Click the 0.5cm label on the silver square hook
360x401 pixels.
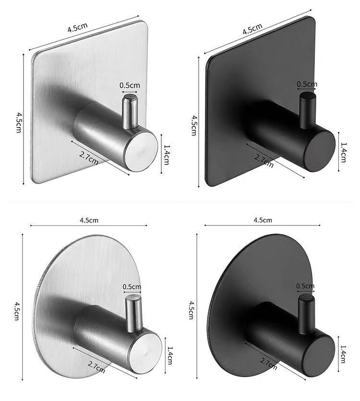coord(130,85)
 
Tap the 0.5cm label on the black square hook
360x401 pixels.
coord(307,84)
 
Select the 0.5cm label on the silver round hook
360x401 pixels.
coord(132,287)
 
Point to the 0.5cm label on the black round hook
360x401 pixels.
coord(305,286)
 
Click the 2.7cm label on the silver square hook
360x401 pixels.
coord(89,157)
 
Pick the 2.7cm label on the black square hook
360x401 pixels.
coord(264,161)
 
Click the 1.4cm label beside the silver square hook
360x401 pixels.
coord(166,154)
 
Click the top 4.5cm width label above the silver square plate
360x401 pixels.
coord(77,28)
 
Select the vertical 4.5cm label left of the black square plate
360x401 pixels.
coord(194,125)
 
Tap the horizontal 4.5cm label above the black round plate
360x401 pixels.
coord(262,220)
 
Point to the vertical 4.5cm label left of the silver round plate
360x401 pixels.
coord(17,311)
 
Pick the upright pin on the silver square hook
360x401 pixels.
coord(128,112)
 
